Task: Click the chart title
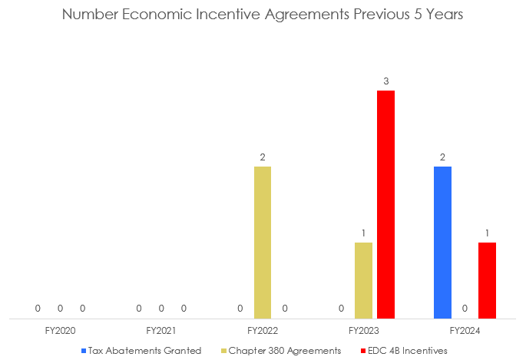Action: tap(263, 15)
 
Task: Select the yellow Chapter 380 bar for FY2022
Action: tap(263, 242)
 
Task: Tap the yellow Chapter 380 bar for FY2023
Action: tap(363, 280)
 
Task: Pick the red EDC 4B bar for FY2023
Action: tap(385, 204)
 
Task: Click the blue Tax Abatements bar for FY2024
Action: tap(442, 242)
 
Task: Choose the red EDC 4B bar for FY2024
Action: tap(487, 280)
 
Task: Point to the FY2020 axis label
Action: tap(60, 331)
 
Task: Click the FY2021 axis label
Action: tap(161, 331)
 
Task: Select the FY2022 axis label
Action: tap(263, 331)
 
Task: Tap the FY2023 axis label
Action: tap(363, 331)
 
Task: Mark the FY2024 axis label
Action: tap(465, 331)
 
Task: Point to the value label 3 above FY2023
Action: tap(385, 81)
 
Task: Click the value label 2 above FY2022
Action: tap(263, 157)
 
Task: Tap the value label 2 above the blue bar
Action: tap(442, 157)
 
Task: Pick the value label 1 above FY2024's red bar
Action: tap(487, 233)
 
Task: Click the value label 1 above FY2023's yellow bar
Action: tap(363, 233)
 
